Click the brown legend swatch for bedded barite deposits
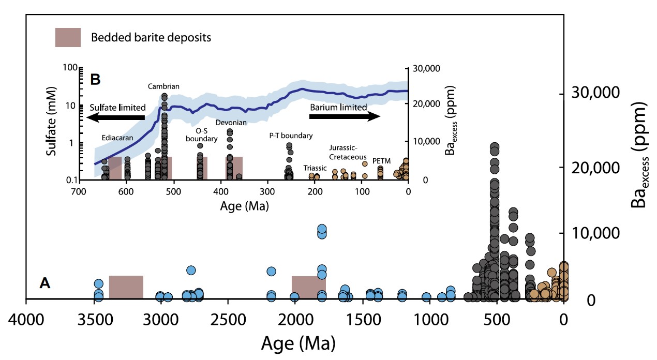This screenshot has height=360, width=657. pos(68,37)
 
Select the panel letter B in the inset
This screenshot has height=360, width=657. pos(95,79)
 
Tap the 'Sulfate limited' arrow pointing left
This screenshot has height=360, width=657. pos(116,117)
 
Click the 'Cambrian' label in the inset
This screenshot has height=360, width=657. pos(163,86)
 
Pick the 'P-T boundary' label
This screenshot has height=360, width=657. pos(291,136)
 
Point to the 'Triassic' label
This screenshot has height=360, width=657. pos(315,168)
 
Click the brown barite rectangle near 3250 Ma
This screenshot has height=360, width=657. pos(126,287)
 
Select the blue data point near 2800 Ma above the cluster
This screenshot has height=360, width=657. pos(191,270)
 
